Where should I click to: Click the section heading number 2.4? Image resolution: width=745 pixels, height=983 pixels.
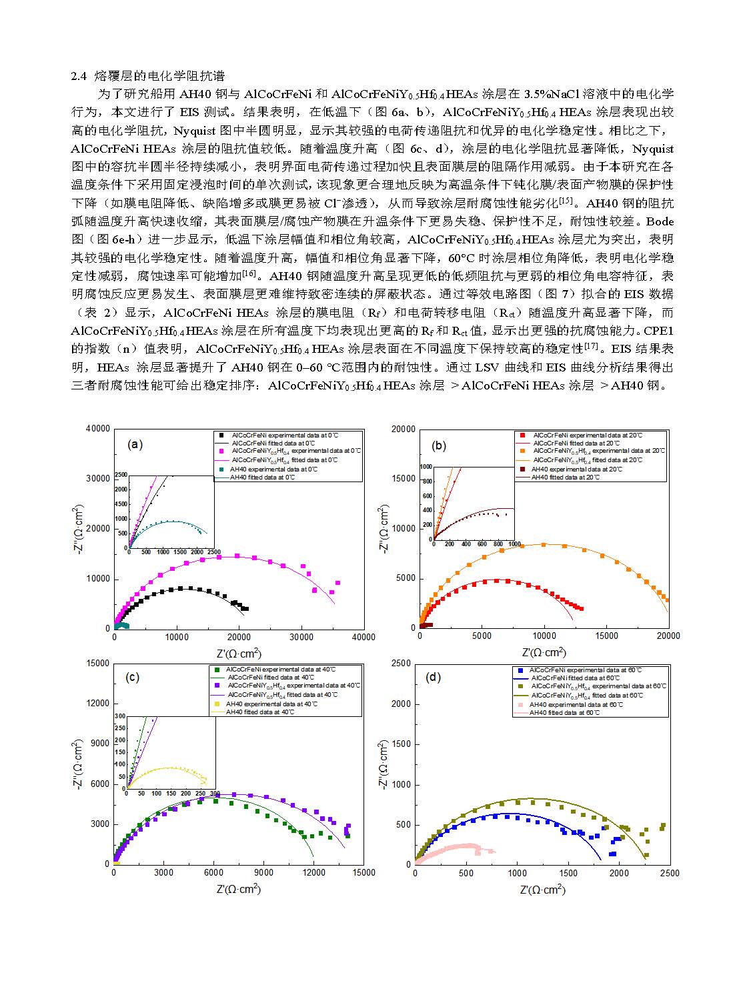pos(79,76)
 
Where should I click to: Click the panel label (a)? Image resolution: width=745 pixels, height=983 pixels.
pos(135,445)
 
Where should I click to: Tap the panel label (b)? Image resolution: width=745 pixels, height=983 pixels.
pos(439,445)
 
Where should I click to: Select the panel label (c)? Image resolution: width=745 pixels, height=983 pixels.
pos(133,677)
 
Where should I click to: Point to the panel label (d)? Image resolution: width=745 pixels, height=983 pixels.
pos(434,678)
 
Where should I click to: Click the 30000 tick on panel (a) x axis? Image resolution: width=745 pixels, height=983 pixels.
pos(301,638)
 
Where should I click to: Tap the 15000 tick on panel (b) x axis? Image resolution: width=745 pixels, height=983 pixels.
pos(606,636)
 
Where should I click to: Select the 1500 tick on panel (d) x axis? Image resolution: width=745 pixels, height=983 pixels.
pos(568,873)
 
